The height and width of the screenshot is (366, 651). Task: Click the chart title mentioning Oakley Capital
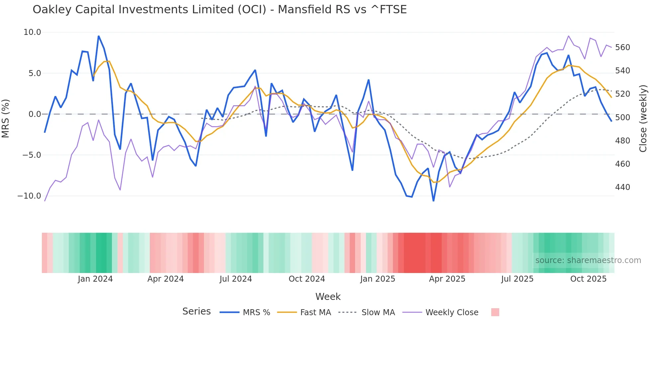pyautogui.click(x=219, y=10)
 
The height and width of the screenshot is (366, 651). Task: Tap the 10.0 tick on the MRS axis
pyautogui.click(x=32, y=32)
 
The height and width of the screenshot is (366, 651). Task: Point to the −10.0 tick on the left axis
pyautogui.click(x=29, y=196)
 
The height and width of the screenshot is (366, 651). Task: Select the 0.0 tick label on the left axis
pyautogui.click(x=35, y=114)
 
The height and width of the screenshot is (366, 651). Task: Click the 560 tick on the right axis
pyautogui.click(x=622, y=47)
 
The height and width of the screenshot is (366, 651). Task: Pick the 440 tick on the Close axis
pyautogui.click(x=622, y=187)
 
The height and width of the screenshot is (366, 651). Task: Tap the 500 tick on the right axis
pyautogui.click(x=622, y=118)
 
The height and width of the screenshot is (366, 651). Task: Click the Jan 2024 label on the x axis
pyautogui.click(x=95, y=279)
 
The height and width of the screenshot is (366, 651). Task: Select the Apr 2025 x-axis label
pyautogui.click(x=447, y=279)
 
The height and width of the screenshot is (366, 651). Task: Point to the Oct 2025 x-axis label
pyautogui.click(x=588, y=279)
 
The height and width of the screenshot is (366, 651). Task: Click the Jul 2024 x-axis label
pyautogui.click(x=235, y=279)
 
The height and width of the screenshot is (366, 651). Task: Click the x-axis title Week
pyautogui.click(x=328, y=297)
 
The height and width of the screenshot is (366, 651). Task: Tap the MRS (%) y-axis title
pyautogui.click(x=6, y=118)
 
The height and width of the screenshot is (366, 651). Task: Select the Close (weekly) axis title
pyautogui.click(x=643, y=118)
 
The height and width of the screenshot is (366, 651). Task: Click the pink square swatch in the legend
pyautogui.click(x=495, y=312)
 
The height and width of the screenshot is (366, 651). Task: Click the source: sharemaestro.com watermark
pyautogui.click(x=588, y=260)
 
